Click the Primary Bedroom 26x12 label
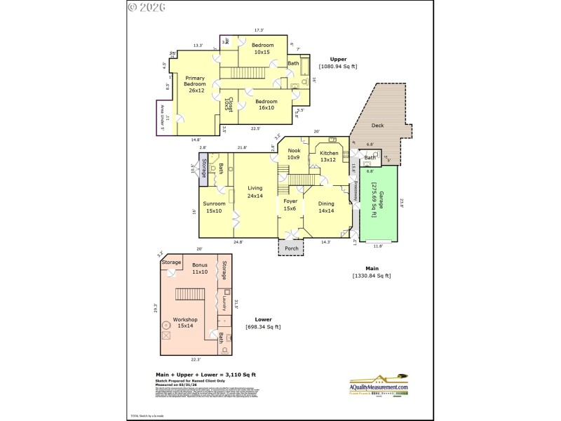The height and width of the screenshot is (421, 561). point(195,84)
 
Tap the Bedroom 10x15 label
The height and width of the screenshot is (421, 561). point(263,48)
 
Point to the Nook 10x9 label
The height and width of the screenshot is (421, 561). point(292,154)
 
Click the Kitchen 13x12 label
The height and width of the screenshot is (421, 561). point(329,156)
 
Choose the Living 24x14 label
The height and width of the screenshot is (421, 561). point(255,192)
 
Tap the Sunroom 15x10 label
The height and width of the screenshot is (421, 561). point(213,207)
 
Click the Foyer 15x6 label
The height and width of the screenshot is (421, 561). point(290,204)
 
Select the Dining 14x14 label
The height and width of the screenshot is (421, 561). point(326,207)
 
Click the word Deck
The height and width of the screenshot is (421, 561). point(377,126)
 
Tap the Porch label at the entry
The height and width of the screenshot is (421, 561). point(290,248)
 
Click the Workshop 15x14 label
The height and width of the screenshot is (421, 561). point(186,323)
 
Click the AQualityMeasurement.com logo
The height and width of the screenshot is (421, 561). point(379,385)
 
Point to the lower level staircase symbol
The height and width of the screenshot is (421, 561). point(189,294)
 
